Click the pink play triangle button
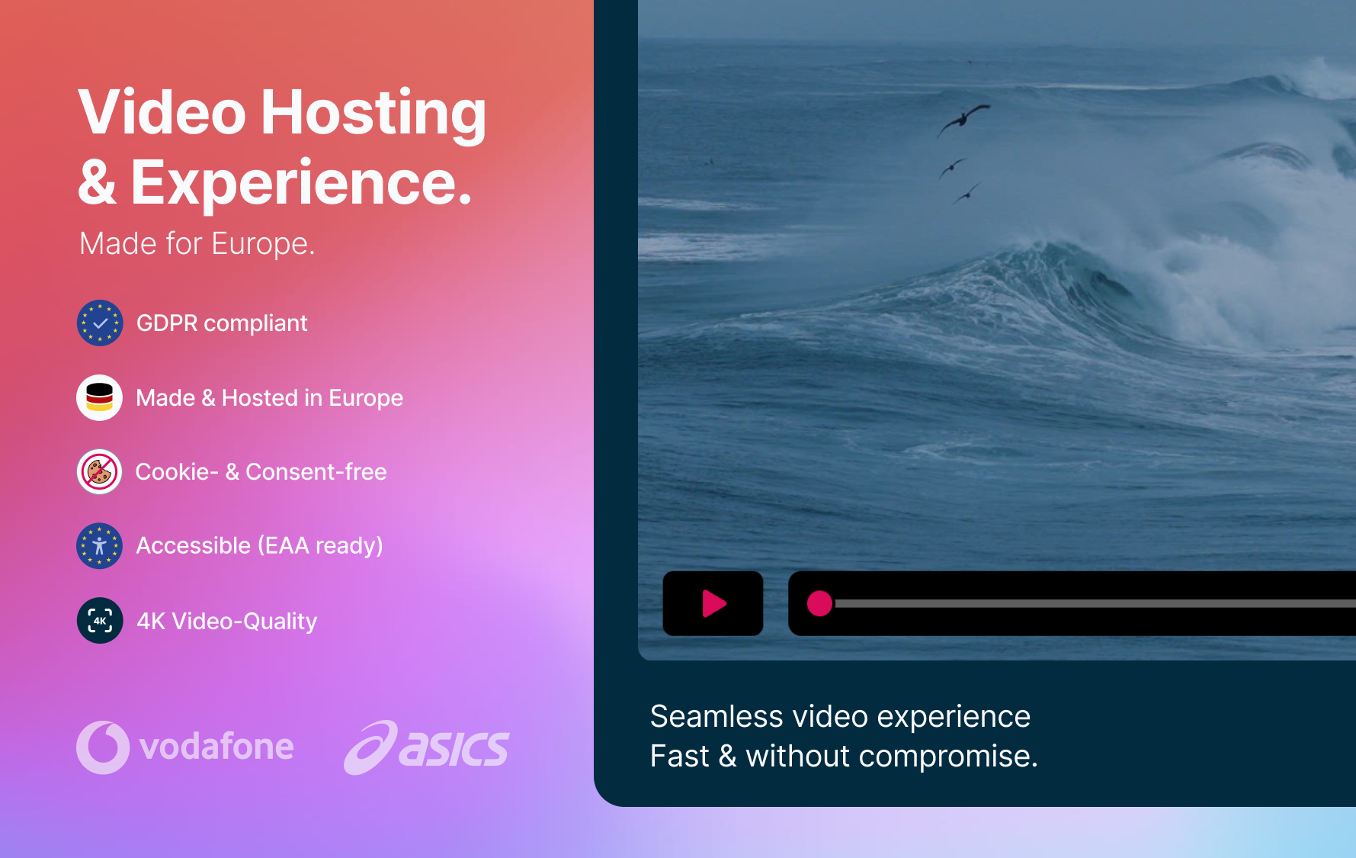pos(713,603)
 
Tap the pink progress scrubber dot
pos(819,603)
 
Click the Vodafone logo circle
pos(103,747)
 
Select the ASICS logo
pos(426,747)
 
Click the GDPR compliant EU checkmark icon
pos(100,323)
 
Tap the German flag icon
pos(100,397)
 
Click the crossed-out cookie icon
pos(100,471)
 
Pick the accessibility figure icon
pos(100,545)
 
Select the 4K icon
pos(100,620)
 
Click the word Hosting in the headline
pos(373,113)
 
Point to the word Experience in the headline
pos(301,184)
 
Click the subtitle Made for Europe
pos(197,244)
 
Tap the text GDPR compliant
pos(222,323)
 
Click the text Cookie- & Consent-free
pos(261,472)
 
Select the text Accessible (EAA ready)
pos(259,546)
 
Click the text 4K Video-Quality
pos(226,622)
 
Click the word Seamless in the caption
pos(716,717)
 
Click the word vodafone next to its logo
pos(216,747)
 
